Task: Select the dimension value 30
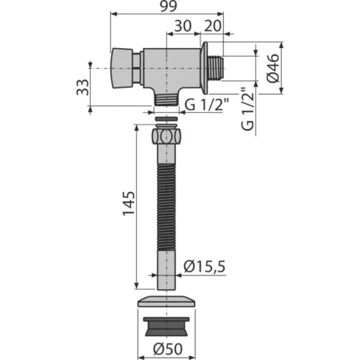pos(183,27)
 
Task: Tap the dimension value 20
pos(214,27)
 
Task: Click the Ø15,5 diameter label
pos(204,267)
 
